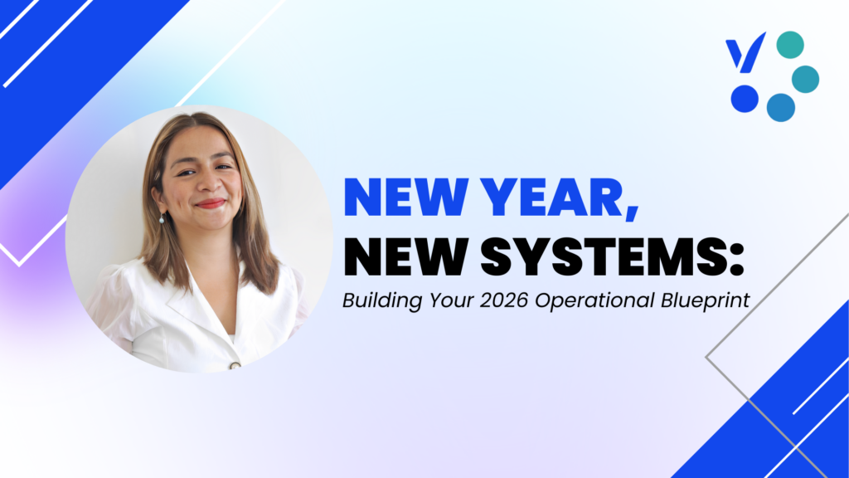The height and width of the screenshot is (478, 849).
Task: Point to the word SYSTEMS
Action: coord(602,258)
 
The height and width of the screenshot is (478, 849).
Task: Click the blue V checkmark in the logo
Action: coord(745,55)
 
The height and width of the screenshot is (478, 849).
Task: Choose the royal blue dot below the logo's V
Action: coord(745,99)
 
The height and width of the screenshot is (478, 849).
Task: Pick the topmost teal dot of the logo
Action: coord(790,45)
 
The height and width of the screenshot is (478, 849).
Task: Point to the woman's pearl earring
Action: coord(163,218)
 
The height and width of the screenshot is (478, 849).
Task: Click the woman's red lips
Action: coord(211,203)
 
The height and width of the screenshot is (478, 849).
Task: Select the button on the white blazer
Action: coord(235,364)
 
